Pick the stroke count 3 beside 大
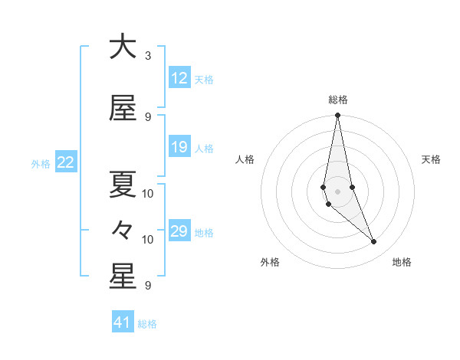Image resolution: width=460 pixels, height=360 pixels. click(x=148, y=56)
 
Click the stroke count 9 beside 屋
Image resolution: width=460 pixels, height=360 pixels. click(x=148, y=116)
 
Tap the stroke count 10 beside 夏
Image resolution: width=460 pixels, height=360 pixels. click(x=148, y=193)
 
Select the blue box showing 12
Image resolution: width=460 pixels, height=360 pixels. click(x=179, y=78)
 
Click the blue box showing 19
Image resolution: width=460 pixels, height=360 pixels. click(x=179, y=147)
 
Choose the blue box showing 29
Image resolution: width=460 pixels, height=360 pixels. click(x=179, y=231)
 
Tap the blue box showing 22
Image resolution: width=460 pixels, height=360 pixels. click(x=66, y=162)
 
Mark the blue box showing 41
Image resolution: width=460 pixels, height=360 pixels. click(x=123, y=322)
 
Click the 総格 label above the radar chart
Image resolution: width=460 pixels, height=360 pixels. click(x=337, y=100)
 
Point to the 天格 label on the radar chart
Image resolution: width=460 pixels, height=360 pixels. click(x=432, y=159)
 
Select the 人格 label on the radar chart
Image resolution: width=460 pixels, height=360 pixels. click(x=245, y=159)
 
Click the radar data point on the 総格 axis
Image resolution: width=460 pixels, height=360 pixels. click(x=337, y=116)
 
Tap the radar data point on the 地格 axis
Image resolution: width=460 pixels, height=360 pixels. click(x=374, y=242)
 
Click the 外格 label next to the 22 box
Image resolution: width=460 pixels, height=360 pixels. click(x=41, y=163)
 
